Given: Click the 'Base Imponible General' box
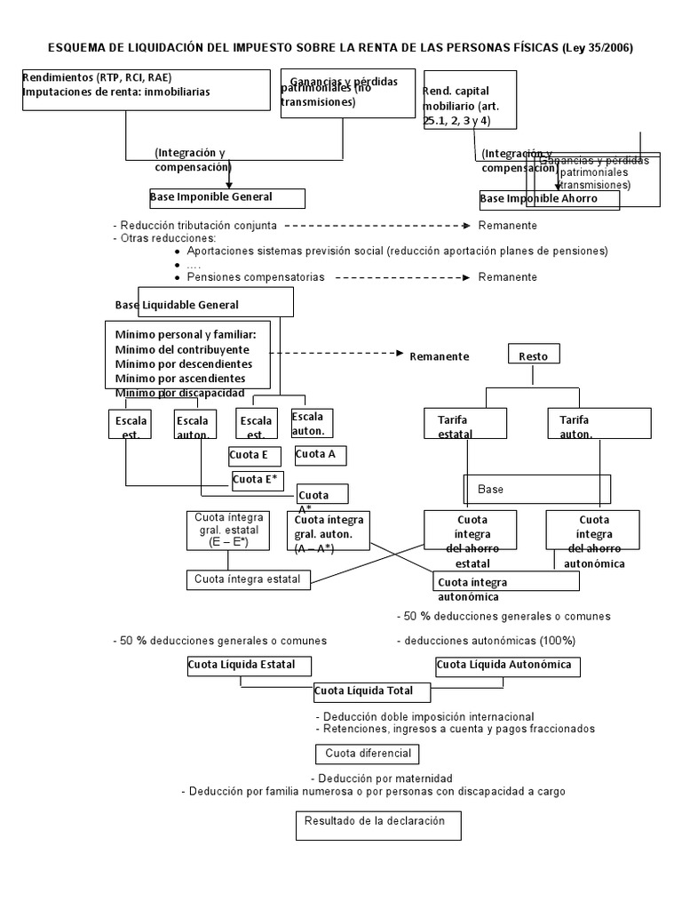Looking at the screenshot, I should [x=226, y=197].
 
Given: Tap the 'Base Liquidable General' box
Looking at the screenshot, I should [x=203, y=304].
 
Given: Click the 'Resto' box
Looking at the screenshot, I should [x=534, y=355].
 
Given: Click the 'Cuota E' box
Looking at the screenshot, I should [x=255, y=456].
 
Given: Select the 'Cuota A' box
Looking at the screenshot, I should [x=320, y=455].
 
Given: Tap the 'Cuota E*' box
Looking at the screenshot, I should [x=261, y=481].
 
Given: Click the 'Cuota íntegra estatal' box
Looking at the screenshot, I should [x=249, y=579].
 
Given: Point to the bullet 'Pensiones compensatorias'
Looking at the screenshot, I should [x=256, y=277].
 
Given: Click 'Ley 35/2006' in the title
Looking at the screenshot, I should [x=598, y=48].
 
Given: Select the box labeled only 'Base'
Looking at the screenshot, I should [x=536, y=489].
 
